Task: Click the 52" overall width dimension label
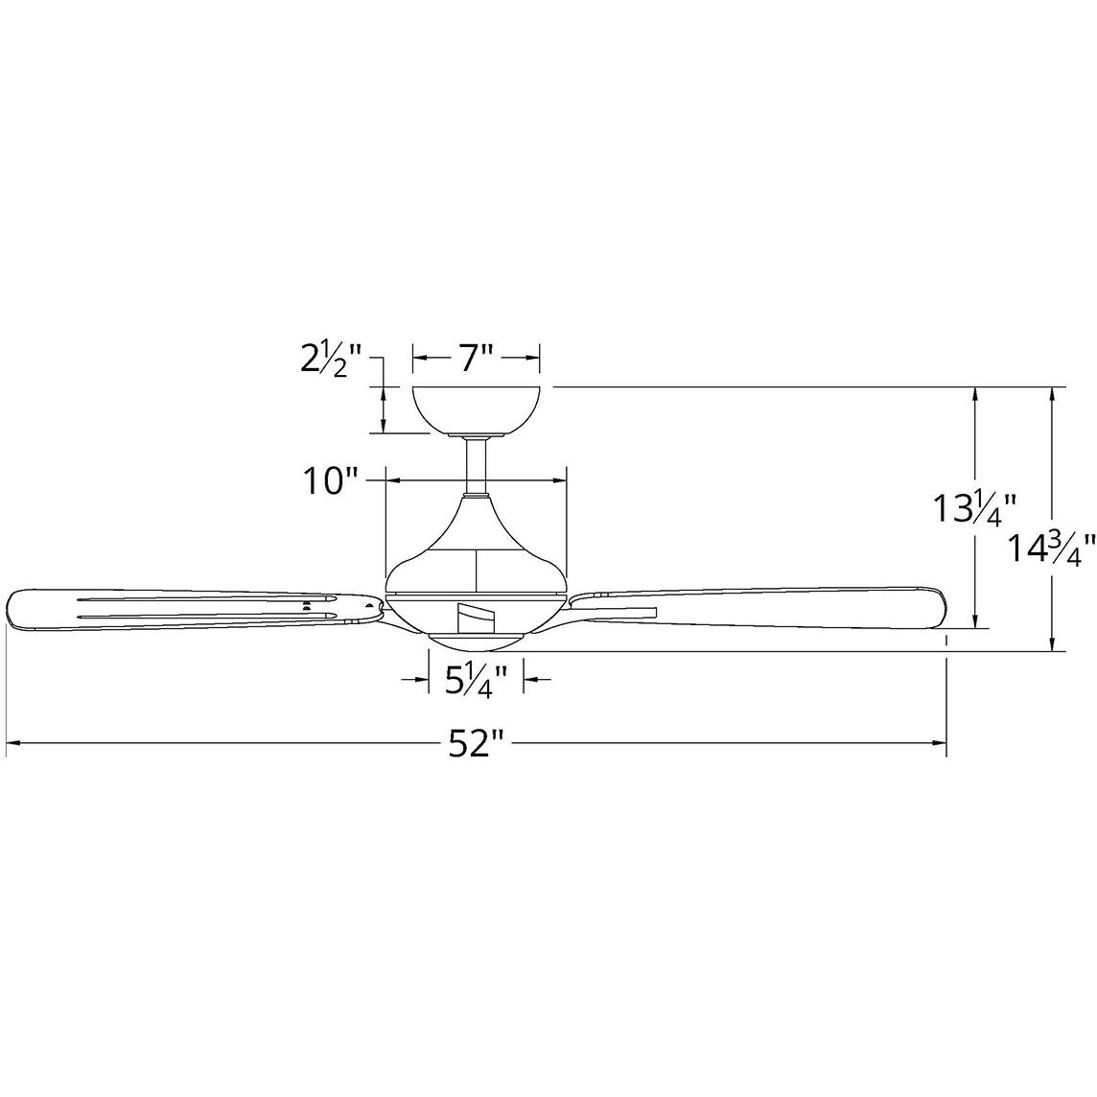(x=476, y=743)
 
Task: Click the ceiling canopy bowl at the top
(x=476, y=408)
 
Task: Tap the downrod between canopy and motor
(x=476, y=465)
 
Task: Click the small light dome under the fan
(x=476, y=639)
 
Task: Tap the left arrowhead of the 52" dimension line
(x=13, y=743)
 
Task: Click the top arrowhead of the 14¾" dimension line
(x=1055, y=393)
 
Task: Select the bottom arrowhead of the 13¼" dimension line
(x=976, y=623)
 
